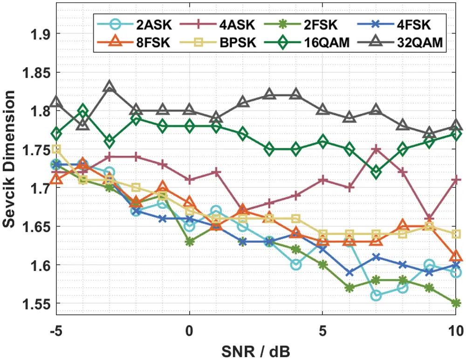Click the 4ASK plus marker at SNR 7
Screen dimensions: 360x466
pos(376,149)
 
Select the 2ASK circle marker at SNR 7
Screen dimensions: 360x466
pos(376,296)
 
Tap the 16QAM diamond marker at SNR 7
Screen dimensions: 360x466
pos(376,173)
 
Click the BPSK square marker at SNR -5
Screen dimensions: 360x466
pos(56,149)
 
